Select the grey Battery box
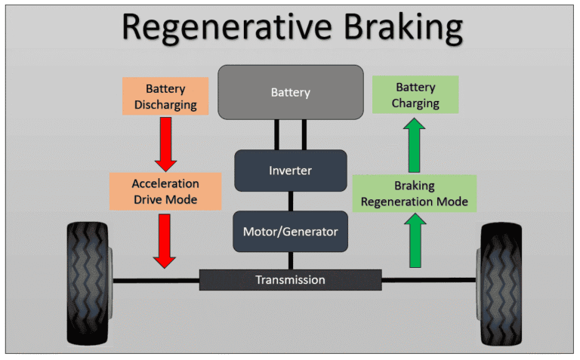(x=290, y=93)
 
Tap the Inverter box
(x=290, y=170)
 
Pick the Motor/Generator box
(x=290, y=232)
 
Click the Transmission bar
(x=290, y=279)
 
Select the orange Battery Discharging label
(x=165, y=96)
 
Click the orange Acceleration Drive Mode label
(x=165, y=191)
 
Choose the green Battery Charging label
(x=415, y=95)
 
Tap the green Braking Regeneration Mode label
(x=415, y=193)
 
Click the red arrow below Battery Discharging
(x=165, y=143)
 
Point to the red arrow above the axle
(x=165, y=240)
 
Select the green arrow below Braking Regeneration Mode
(x=415, y=241)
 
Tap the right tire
(x=500, y=284)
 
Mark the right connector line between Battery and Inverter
(x=304, y=134)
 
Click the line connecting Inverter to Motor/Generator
(x=291, y=201)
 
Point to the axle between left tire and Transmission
(x=156, y=280)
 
